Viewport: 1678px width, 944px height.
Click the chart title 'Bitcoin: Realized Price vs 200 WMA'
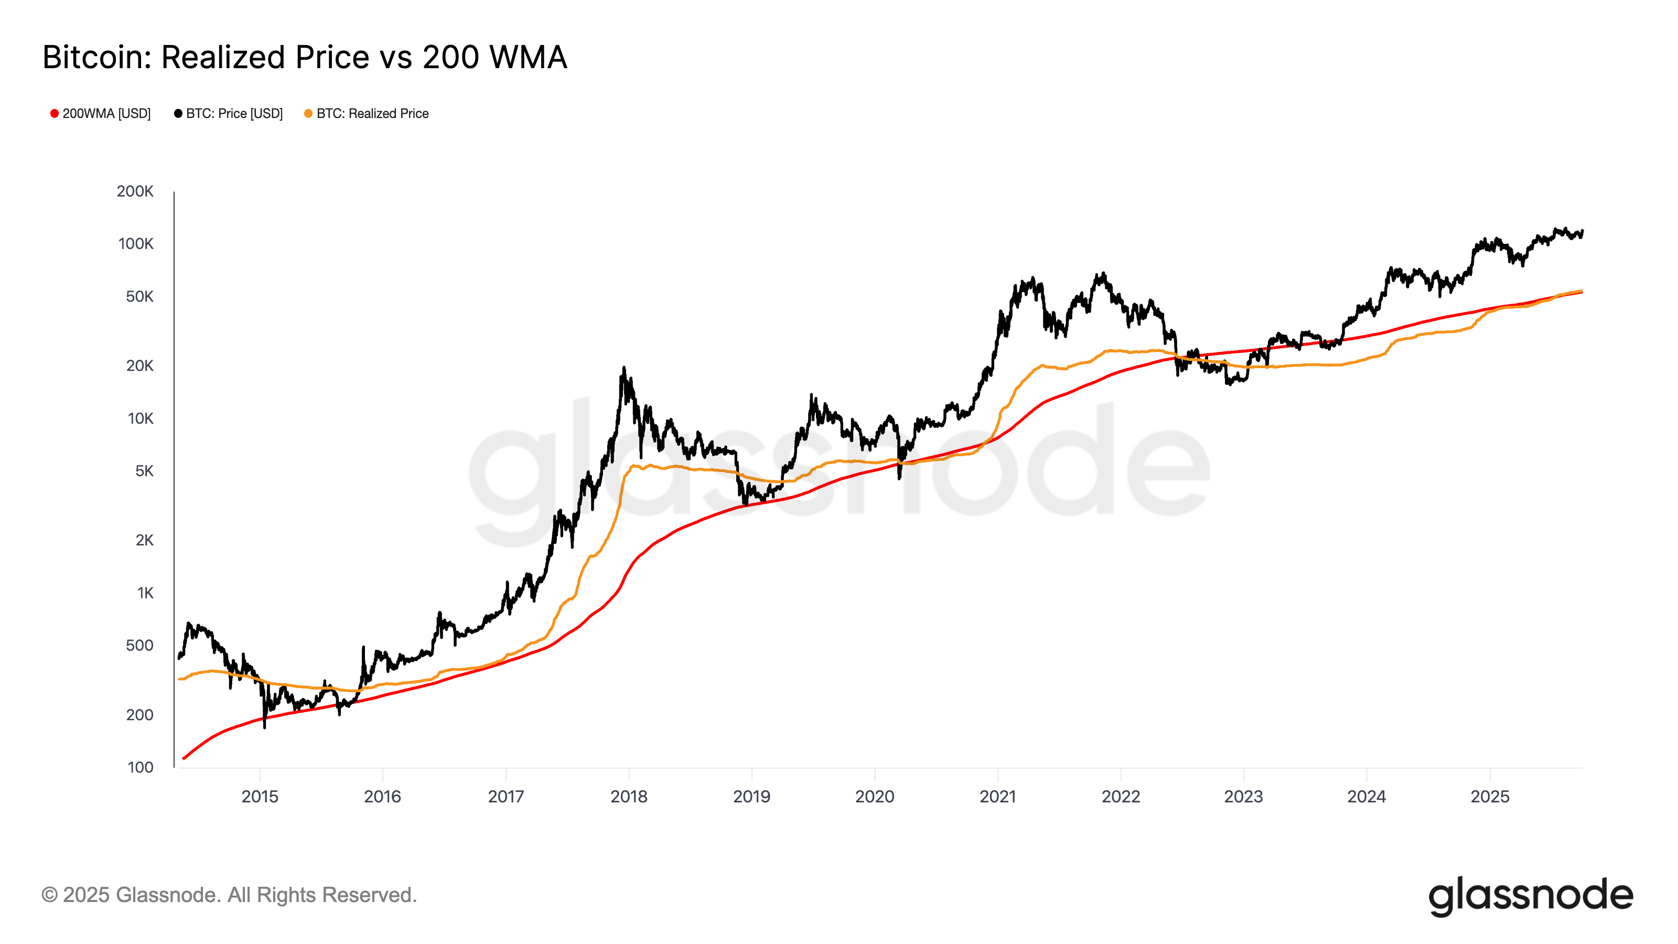click(305, 57)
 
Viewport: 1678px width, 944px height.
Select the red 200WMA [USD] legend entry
click(101, 113)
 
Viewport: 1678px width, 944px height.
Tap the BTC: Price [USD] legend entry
click(229, 113)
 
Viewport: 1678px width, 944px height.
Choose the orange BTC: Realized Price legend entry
click(367, 113)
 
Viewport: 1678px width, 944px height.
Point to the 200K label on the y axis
click(135, 191)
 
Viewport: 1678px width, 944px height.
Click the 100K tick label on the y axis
click(135, 244)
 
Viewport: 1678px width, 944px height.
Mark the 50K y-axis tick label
click(139, 297)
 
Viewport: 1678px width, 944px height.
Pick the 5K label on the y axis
click(144, 471)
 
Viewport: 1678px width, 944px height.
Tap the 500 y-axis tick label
click(139, 646)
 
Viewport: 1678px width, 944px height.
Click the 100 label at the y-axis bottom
click(140, 767)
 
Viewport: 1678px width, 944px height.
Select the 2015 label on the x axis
click(260, 797)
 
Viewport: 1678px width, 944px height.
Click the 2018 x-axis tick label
click(629, 797)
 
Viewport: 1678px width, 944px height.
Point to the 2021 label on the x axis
click(998, 797)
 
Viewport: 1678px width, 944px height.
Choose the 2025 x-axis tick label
click(1490, 797)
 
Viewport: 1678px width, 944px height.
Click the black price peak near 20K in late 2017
click(623, 369)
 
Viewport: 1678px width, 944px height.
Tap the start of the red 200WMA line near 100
click(185, 758)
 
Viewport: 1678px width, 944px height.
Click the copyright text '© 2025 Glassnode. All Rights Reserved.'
click(229, 895)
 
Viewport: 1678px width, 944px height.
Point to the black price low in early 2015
click(264, 726)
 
